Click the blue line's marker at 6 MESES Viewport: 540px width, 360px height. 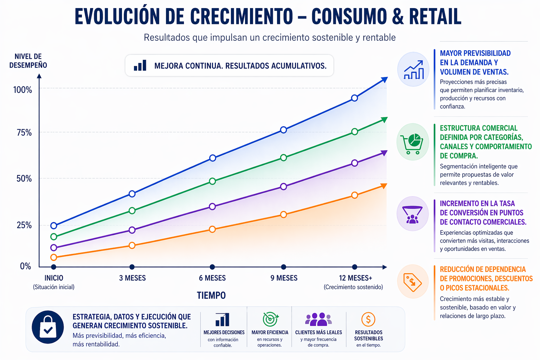tap(212, 158)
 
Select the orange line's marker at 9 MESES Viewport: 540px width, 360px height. tap(283, 214)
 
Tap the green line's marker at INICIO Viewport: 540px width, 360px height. tap(53, 237)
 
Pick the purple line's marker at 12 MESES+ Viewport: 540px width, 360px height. tap(354, 163)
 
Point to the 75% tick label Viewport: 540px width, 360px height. tap(24, 133)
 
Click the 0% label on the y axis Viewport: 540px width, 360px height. tap(25, 266)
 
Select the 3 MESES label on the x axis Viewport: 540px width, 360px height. tap(132, 278)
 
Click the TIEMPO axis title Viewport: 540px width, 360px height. tap(211, 295)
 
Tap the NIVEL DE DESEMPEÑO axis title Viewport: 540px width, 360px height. tap(28, 61)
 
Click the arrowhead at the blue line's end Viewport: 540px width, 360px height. tap(385, 79)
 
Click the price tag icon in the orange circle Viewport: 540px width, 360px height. tap(413, 282)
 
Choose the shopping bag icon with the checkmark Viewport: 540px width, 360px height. tap(48, 327)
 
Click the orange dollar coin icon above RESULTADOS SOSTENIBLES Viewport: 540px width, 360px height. tap(368, 319)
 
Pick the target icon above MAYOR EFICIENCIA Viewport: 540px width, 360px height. tap(270, 319)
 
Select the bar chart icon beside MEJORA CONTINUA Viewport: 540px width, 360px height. tap(140, 66)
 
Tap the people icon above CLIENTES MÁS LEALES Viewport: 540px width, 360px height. tap(318, 319)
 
